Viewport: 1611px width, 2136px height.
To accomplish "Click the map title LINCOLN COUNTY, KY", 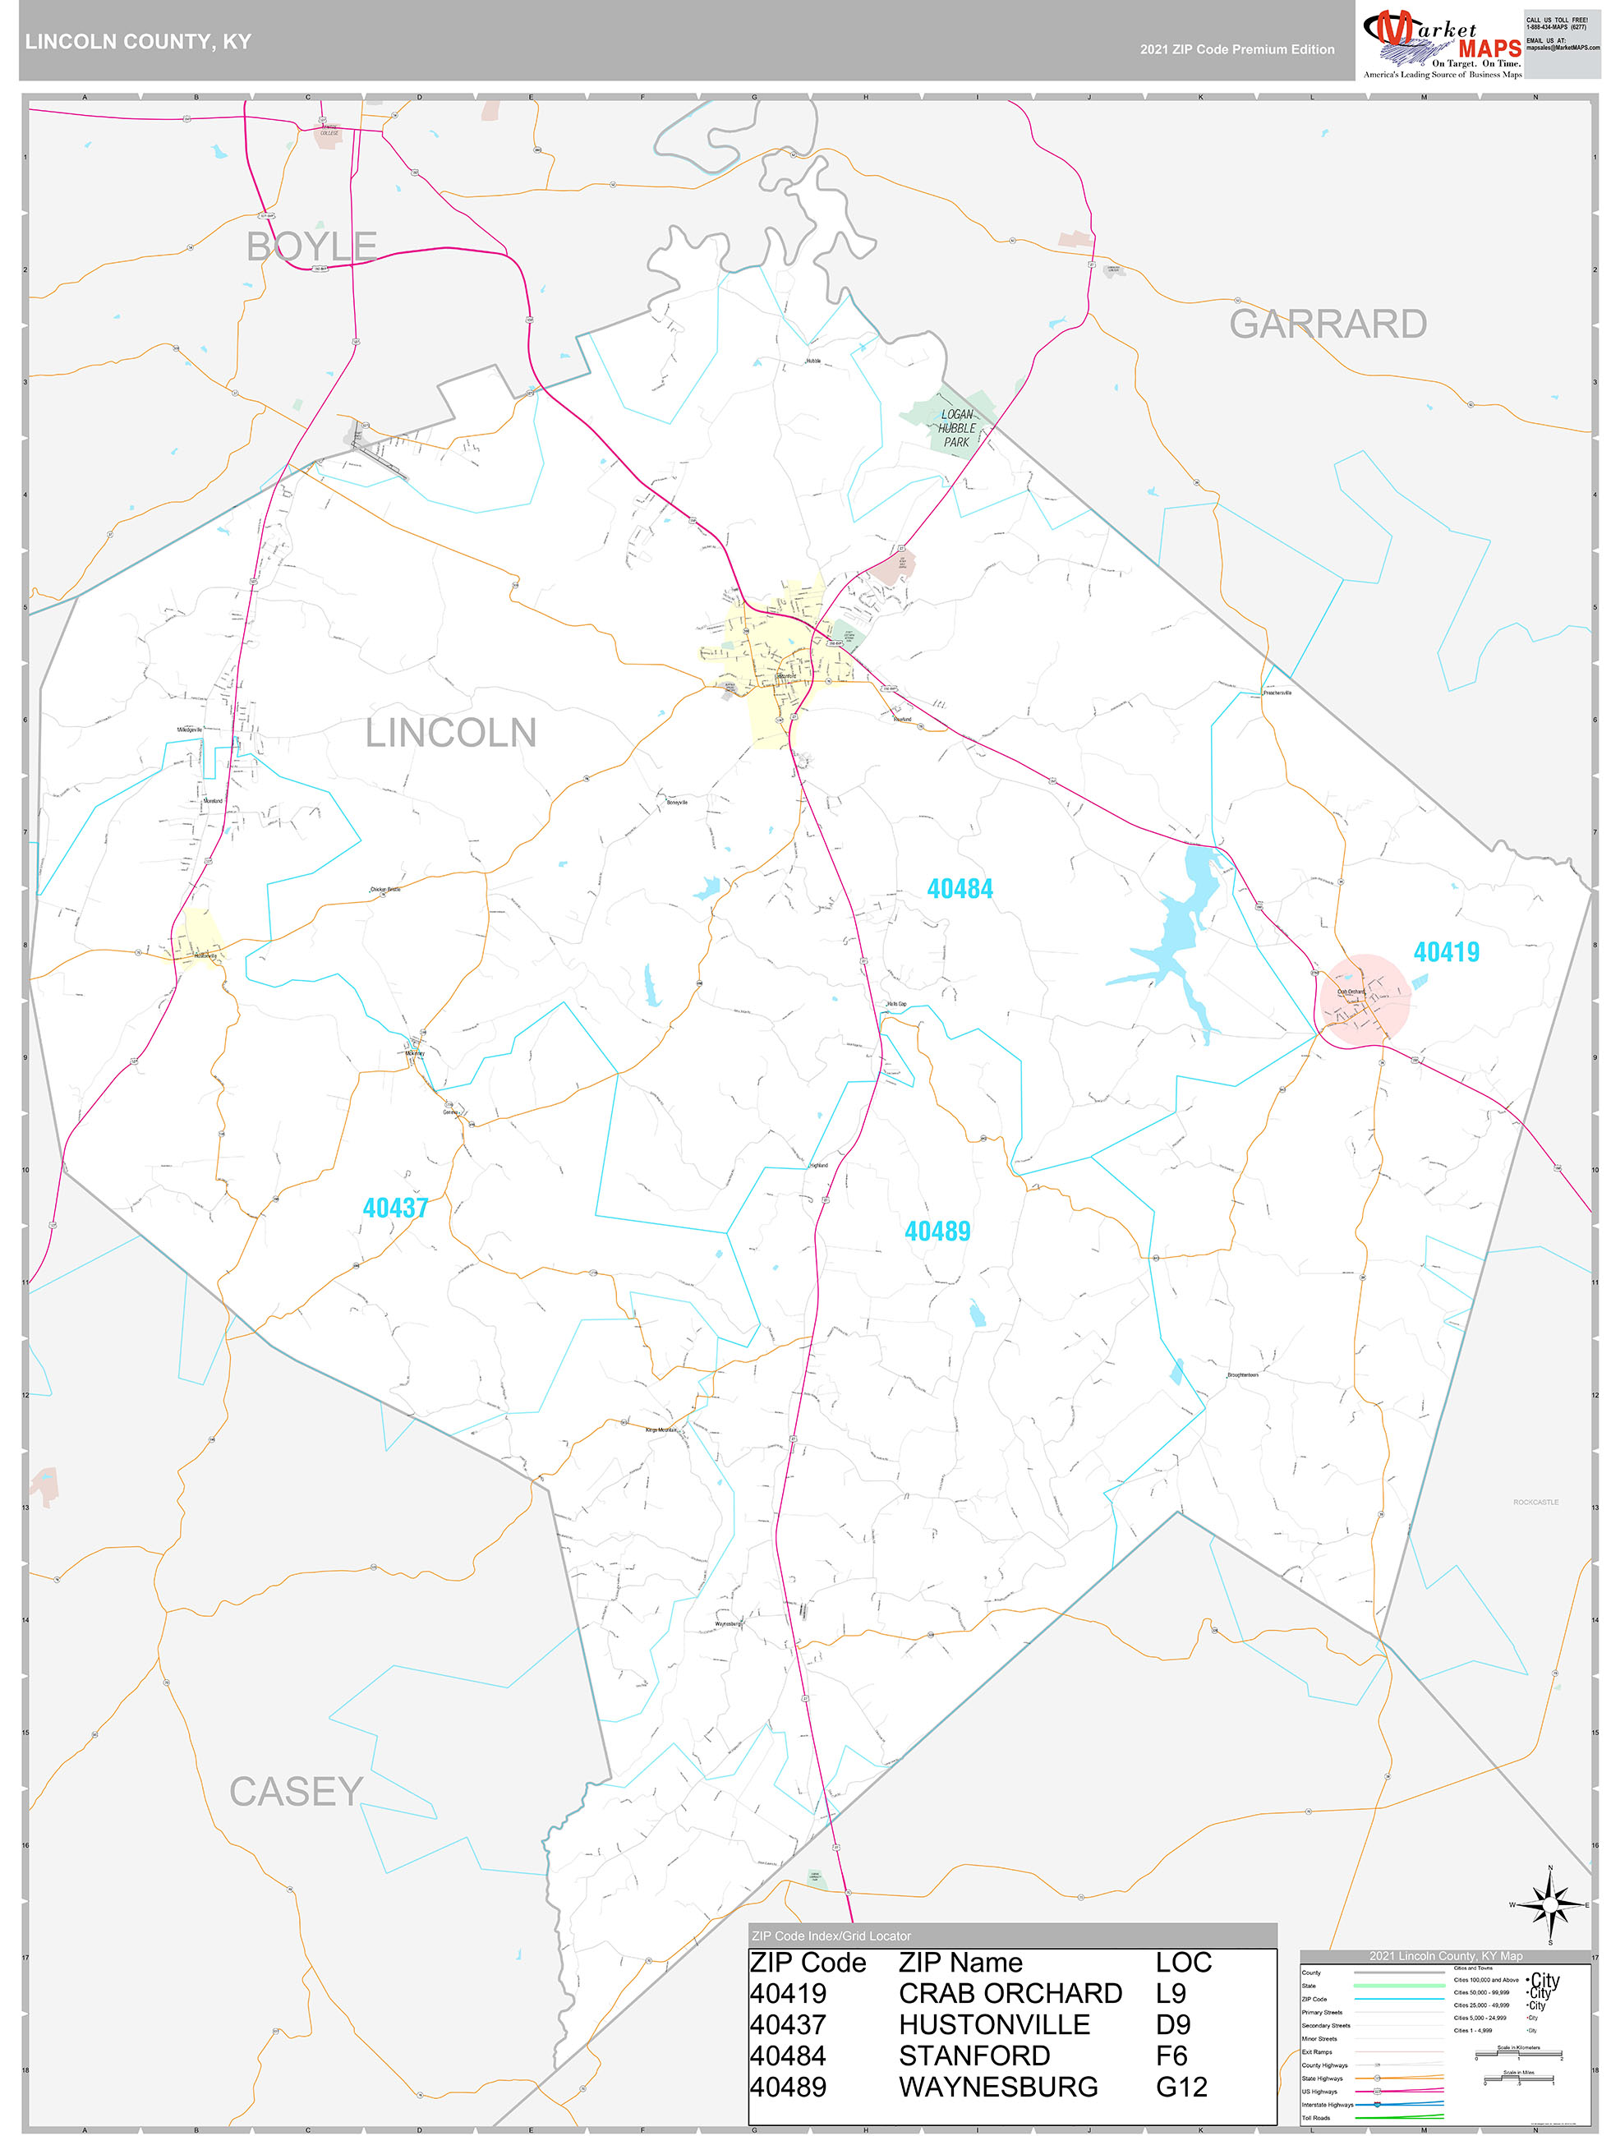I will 138,42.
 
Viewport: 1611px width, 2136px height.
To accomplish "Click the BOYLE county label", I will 311,246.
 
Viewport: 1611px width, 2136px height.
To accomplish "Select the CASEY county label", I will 296,1793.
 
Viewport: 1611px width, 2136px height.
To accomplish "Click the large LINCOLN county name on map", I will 450,733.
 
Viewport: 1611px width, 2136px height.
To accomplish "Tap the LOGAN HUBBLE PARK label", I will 956,428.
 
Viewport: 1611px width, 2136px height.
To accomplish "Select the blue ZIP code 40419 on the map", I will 1446,952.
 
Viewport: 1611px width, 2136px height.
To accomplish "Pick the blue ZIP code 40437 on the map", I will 395,1208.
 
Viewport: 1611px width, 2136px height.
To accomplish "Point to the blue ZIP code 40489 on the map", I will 937,1231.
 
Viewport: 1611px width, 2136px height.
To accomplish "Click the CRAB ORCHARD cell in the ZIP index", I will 1010,1993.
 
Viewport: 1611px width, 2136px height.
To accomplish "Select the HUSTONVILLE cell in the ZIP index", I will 994,2024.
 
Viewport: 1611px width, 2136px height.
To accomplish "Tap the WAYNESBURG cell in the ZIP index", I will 997,2087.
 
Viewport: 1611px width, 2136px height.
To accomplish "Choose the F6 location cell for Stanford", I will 1172,2055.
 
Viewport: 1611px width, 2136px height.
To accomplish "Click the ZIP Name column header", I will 960,1962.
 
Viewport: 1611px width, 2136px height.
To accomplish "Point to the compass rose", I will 1550,1904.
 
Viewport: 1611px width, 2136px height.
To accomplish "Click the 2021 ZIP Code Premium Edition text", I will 1236,49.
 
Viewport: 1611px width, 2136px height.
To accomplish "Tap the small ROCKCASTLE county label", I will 1535,1503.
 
